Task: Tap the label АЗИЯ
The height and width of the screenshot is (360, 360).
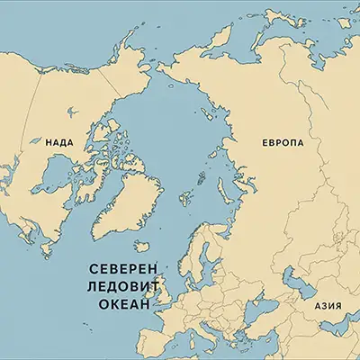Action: pos(328,305)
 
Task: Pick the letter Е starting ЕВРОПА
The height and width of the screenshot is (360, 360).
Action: pos(265,143)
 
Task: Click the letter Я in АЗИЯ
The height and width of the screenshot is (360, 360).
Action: pos(339,305)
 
